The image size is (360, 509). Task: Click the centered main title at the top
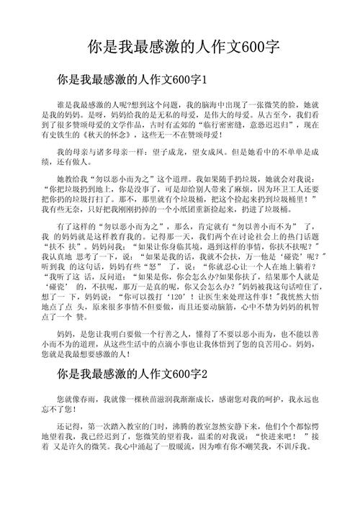(180, 48)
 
